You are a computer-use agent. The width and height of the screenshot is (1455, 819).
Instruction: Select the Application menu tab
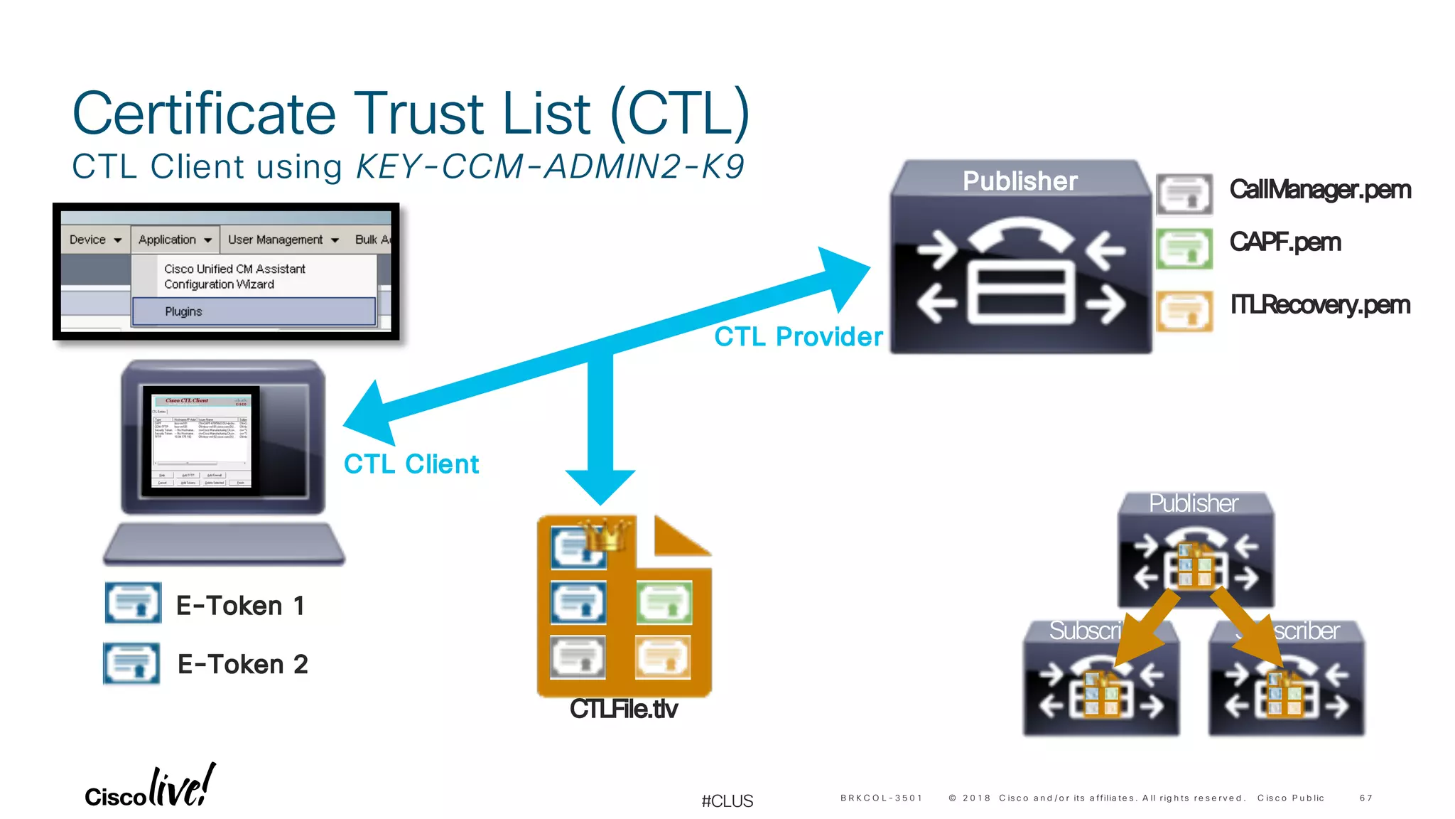175,240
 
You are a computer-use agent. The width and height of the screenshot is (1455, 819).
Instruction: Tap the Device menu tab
95,240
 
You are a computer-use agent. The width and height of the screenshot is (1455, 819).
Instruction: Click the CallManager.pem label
1319,190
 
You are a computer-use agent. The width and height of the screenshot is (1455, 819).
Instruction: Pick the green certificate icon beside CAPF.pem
1184,248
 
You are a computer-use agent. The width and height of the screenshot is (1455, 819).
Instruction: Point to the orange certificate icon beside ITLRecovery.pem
1184,311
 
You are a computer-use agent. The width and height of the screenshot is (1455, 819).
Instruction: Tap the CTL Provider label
798,336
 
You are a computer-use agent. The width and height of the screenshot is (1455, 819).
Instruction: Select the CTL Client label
411,464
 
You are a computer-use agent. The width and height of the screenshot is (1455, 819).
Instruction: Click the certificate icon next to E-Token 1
133,603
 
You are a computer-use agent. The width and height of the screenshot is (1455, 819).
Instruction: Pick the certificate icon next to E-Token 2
131,663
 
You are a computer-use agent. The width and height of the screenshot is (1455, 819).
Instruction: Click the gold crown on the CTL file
606,535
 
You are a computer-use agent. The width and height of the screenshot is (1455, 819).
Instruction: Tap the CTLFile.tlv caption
624,709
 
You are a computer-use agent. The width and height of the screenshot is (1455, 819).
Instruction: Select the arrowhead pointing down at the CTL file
600,487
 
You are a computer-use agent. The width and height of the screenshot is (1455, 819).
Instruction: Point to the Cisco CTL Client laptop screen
201,441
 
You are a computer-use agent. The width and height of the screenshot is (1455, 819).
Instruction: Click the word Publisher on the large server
1019,181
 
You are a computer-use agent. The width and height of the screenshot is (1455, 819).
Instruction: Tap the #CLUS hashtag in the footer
727,801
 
